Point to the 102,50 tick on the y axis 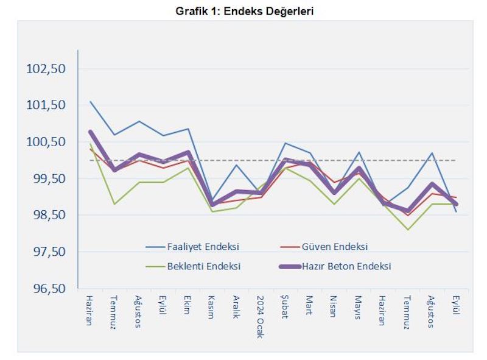(x=46, y=69)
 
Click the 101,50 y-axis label (x=46, y=105)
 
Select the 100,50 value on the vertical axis (x=46, y=142)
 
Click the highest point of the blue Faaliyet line (x=90, y=102)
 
